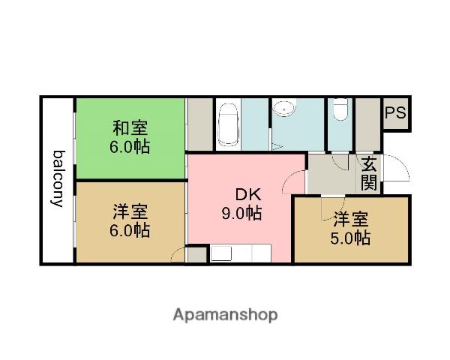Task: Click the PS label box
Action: point(396,114)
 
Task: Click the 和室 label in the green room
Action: point(130,127)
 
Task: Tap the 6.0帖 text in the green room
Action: point(130,147)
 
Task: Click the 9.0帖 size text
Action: point(241,214)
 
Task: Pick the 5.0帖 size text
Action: point(351,238)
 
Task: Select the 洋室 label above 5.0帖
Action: point(351,220)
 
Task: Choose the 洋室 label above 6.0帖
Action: point(130,211)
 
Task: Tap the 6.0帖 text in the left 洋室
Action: point(130,230)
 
